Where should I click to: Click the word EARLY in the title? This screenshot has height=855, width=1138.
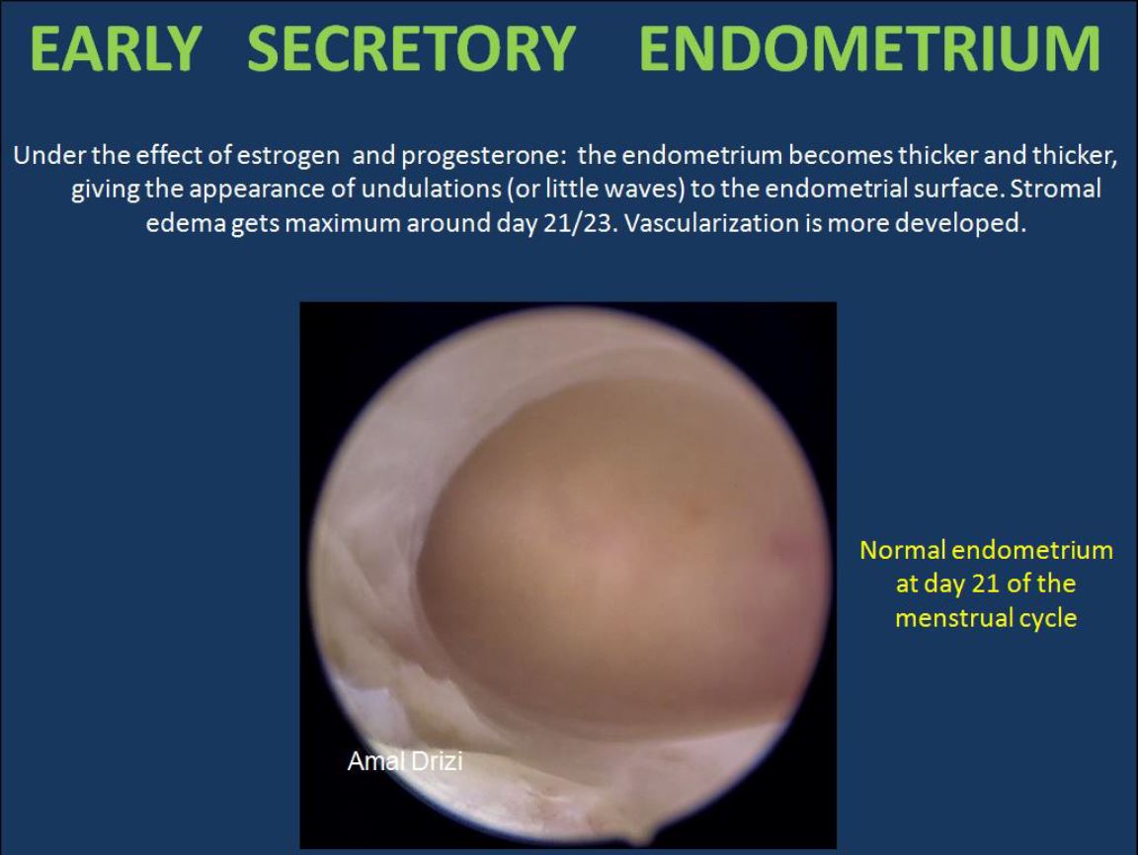tap(115, 48)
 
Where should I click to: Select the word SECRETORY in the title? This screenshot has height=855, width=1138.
tap(412, 48)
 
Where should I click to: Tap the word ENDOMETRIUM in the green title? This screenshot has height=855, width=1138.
tap(870, 48)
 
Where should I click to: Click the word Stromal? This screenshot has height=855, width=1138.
tap(1056, 189)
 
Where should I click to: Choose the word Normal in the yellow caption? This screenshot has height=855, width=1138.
tap(902, 551)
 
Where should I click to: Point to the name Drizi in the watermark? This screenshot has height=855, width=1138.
tap(437, 761)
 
